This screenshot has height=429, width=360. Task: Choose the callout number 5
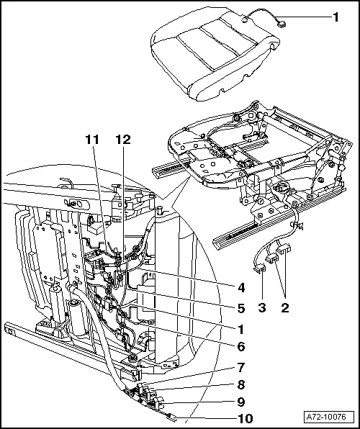click(241, 307)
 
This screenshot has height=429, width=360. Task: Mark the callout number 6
click(241, 346)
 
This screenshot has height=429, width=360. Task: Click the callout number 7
click(241, 369)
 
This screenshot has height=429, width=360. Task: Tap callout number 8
click(241, 385)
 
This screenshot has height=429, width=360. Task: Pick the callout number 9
click(241, 402)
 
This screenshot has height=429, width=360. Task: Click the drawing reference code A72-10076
click(330, 417)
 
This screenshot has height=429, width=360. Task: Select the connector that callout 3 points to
click(264, 268)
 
